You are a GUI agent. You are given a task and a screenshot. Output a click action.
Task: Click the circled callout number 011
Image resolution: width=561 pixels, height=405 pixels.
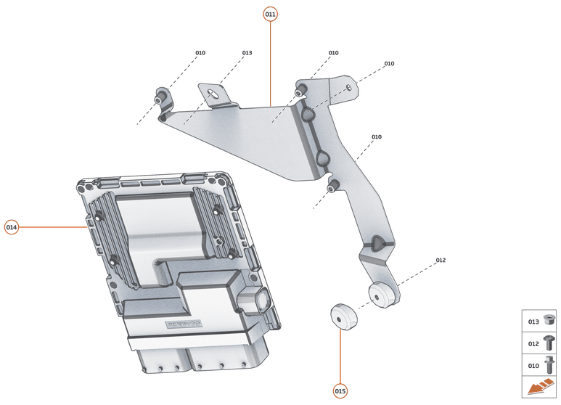[x=270, y=14]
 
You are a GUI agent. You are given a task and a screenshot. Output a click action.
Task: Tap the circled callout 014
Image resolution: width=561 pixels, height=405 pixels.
[x=12, y=227]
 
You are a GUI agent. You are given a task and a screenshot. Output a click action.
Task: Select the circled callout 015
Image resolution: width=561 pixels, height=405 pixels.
[x=340, y=391]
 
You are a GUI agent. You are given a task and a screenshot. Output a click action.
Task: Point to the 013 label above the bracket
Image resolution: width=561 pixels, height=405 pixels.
[x=247, y=53]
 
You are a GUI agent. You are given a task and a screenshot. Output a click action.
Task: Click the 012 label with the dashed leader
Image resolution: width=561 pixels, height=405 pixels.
[x=441, y=260]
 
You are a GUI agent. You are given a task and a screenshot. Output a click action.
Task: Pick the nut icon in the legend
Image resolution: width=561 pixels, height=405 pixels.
[x=549, y=320]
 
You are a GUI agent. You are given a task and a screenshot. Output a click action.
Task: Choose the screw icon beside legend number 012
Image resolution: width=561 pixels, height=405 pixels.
[x=549, y=343]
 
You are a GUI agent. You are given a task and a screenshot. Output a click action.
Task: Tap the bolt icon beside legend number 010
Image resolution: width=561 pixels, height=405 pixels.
[x=549, y=364]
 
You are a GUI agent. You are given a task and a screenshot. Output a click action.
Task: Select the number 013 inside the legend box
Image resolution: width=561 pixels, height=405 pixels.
[x=533, y=322]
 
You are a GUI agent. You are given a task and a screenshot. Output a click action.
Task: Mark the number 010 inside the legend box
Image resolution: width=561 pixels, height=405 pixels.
[x=533, y=365]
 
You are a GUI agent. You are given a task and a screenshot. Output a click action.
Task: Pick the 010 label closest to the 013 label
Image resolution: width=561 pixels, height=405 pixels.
[x=200, y=53]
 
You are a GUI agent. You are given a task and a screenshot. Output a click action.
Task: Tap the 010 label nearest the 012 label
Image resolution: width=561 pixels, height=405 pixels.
[x=376, y=136]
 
